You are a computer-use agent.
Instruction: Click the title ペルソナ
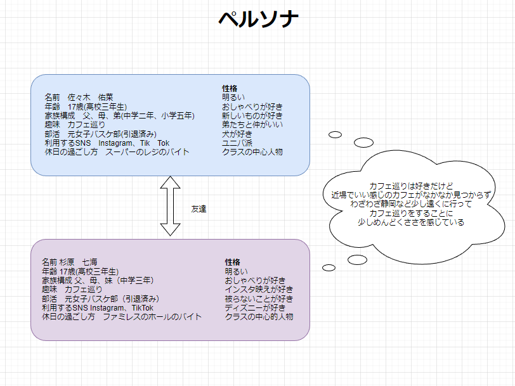[257, 20]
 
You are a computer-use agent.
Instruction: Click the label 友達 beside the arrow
[199, 209]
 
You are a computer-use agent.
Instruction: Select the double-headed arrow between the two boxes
[171, 206]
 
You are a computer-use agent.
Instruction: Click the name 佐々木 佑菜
[91, 98]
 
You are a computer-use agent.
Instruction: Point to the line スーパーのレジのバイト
[147, 152]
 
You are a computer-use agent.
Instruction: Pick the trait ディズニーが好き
[255, 308]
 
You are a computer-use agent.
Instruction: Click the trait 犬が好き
[237, 134]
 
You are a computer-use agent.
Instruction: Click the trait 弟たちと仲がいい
[252, 125]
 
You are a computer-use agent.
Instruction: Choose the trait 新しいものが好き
[252, 116]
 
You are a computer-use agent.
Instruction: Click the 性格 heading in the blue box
[230, 88]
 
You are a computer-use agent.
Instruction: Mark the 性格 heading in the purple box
[232, 262]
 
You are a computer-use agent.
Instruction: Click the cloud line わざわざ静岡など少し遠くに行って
[411, 204]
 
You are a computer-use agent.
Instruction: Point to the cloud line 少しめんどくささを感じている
[411, 222]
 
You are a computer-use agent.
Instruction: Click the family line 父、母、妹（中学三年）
[114, 280]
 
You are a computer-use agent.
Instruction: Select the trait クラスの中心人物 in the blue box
[252, 152]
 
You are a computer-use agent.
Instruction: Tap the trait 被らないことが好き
[259, 299]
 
